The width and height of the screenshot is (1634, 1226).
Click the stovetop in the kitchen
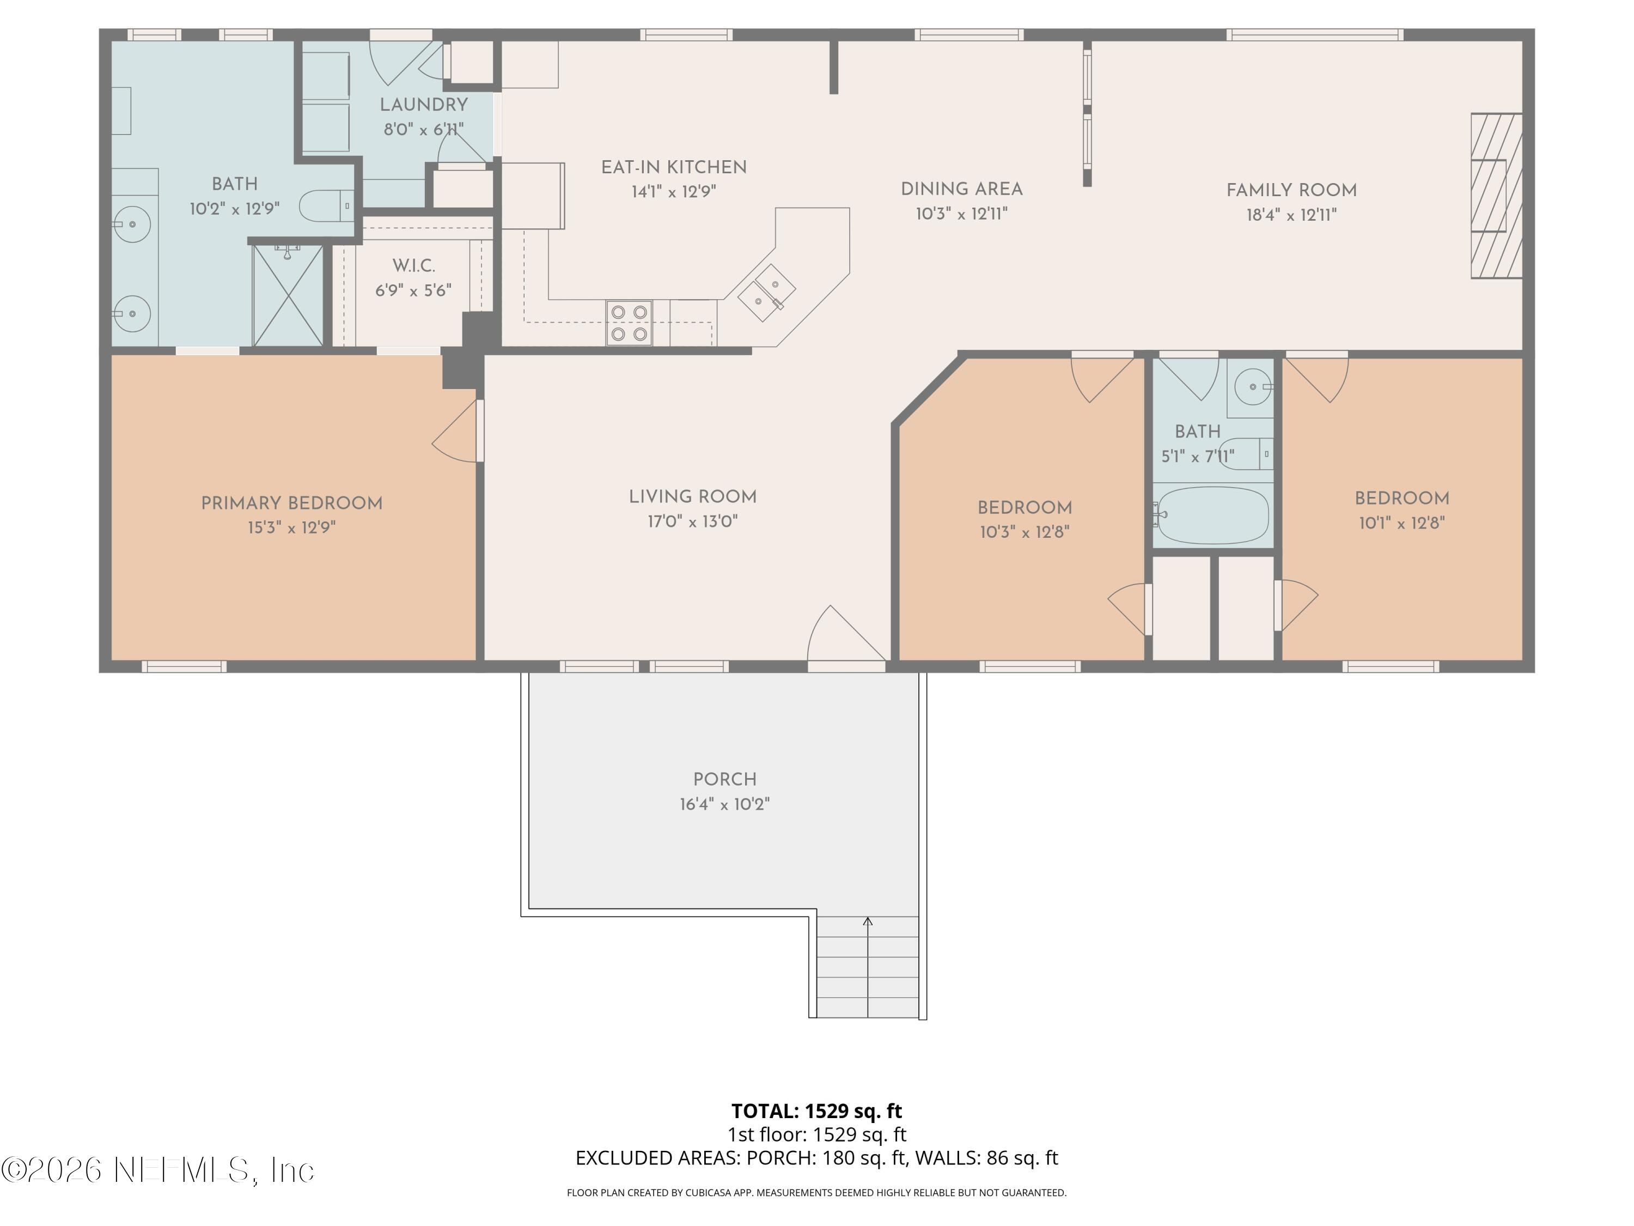629,323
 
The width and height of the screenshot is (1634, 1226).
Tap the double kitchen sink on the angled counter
767,293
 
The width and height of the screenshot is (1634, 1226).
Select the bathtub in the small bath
1212,515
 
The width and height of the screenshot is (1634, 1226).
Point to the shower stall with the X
288,295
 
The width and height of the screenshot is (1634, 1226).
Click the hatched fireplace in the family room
1495,196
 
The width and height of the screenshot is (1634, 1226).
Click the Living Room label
692,497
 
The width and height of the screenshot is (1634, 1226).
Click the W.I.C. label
413,266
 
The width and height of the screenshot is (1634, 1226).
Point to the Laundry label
423,105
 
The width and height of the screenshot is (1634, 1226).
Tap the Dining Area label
961,189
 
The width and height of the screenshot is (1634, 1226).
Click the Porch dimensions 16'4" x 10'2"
724,805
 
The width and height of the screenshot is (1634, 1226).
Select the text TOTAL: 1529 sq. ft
816,1110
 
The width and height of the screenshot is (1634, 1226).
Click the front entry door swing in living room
842,635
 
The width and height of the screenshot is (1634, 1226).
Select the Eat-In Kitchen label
673,168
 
